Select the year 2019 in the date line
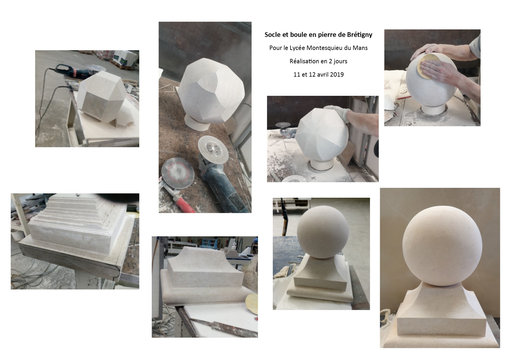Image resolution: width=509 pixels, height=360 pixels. click(337, 75)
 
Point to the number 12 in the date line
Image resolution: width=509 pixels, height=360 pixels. click(311, 75)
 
